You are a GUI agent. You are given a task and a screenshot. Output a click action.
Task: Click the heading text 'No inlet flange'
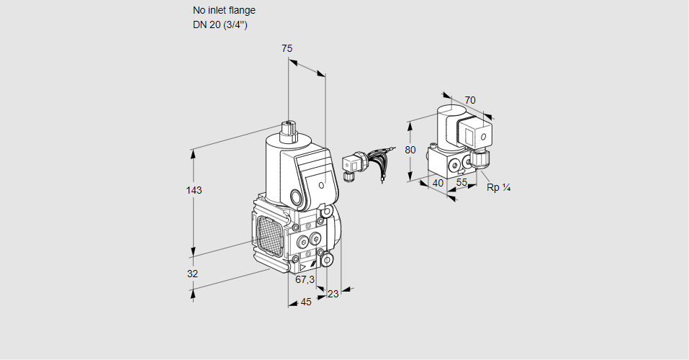(x=224, y=11)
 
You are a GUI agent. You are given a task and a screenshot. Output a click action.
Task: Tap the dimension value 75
(x=287, y=48)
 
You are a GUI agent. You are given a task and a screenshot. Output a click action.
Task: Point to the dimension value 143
(x=194, y=190)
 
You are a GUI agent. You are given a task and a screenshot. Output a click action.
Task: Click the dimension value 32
(x=192, y=274)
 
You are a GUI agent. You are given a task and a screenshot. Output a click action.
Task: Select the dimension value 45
(x=306, y=302)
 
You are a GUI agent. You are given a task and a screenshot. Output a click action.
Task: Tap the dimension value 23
(x=333, y=294)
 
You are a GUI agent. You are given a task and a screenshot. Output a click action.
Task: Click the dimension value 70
(x=470, y=100)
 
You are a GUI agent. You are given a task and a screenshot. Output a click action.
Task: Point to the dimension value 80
(x=410, y=150)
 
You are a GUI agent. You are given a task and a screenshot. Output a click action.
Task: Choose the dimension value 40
(x=437, y=183)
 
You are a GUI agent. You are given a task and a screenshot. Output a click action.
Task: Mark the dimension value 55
(x=462, y=183)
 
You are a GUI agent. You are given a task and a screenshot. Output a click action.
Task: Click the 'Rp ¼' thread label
(x=498, y=187)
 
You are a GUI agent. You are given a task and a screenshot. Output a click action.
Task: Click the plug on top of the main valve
(x=289, y=130)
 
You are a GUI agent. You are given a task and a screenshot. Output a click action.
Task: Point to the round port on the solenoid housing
(x=297, y=197)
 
